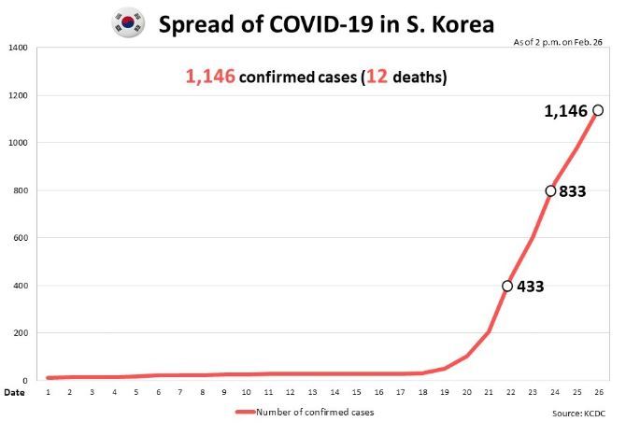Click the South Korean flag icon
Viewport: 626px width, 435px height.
(x=128, y=23)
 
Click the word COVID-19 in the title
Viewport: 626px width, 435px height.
(x=321, y=24)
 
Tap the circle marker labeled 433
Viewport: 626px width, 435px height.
(x=507, y=286)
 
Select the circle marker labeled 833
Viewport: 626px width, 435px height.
(x=550, y=191)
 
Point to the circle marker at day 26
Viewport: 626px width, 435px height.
(x=598, y=110)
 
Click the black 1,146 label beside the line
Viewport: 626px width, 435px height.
(x=565, y=111)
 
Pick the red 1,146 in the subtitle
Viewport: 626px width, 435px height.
(x=210, y=77)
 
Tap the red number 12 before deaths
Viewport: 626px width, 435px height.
(x=377, y=77)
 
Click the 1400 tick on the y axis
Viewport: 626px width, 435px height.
(x=18, y=48)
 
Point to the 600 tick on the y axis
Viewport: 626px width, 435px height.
(x=21, y=238)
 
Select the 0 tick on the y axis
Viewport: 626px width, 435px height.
(x=25, y=380)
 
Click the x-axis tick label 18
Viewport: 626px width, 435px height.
(x=422, y=392)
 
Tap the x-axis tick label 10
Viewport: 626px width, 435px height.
(x=246, y=392)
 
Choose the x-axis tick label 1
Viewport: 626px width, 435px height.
(x=48, y=392)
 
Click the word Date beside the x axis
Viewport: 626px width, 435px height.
(x=14, y=393)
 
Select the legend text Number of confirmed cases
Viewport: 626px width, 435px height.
(x=315, y=413)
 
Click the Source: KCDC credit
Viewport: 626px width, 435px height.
(x=578, y=414)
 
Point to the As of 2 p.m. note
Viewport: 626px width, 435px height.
(x=558, y=42)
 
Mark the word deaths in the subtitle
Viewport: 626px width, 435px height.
(x=420, y=77)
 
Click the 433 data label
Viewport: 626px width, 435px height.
(x=530, y=287)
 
